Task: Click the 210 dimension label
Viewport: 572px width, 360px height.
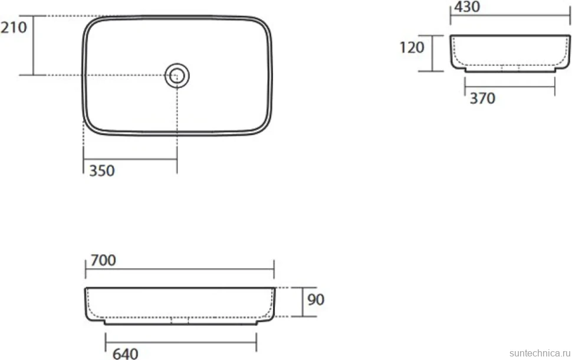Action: point(14,28)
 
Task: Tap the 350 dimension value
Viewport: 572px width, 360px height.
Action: point(102,171)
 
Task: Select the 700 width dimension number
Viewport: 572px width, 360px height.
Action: point(103,260)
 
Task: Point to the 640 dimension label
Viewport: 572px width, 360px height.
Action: point(125,354)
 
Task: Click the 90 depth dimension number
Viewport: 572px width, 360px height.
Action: point(316,300)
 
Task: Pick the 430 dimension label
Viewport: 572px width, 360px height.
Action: point(467,6)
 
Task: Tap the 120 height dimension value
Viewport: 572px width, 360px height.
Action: point(412,47)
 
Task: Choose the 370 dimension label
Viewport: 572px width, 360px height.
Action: point(482,98)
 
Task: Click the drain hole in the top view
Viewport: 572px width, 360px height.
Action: point(177,76)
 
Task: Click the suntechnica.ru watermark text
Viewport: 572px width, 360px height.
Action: point(540,353)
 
